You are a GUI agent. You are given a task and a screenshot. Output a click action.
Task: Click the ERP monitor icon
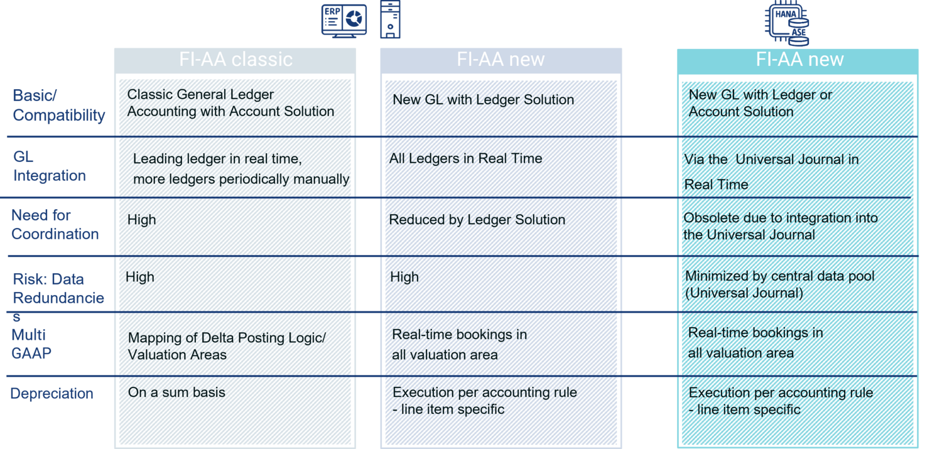[344, 21]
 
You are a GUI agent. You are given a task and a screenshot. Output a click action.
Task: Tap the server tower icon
[390, 19]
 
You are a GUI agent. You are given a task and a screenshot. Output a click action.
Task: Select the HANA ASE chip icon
[787, 23]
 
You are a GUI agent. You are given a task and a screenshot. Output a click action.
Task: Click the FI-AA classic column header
[235, 60]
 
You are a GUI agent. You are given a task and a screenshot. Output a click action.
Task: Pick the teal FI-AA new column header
[798, 60]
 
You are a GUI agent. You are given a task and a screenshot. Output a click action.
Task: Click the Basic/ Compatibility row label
[59, 105]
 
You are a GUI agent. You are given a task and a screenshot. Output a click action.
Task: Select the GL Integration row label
[49, 166]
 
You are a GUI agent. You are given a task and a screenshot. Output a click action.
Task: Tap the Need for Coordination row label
[55, 225]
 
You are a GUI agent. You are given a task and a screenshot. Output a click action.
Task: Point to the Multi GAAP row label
[31, 344]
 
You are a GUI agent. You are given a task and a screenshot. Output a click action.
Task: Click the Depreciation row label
[51, 394]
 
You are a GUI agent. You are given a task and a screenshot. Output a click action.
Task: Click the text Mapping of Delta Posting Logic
[227, 338]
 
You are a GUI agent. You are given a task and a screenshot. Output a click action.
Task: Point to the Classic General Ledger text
[200, 94]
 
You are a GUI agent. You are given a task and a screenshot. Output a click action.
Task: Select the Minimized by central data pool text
[780, 276]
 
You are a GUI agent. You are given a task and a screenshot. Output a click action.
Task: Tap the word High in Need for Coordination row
[142, 219]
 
